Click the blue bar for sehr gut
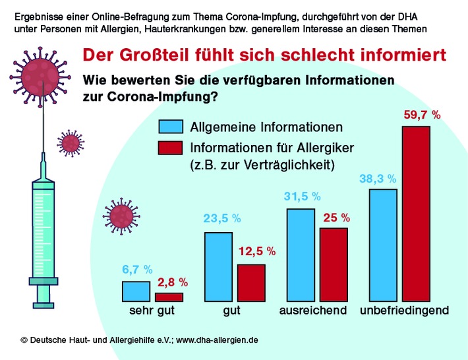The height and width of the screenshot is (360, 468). pyautogui.click(x=136, y=291)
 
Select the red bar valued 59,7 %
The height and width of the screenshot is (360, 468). pyautogui.click(x=416, y=214)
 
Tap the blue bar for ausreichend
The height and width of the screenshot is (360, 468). pyautogui.click(x=301, y=255)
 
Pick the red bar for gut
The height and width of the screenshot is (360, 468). pyautogui.click(x=251, y=283)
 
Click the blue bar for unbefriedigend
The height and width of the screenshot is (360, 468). pyautogui.click(x=383, y=245)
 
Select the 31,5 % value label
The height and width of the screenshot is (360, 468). pyautogui.click(x=302, y=196)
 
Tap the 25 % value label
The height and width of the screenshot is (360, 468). pyautogui.click(x=336, y=217)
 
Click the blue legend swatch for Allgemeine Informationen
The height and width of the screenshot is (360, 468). pyautogui.click(x=171, y=127)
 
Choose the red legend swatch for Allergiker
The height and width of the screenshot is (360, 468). pyautogui.click(x=171, y=148)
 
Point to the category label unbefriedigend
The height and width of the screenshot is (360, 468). pyautogui.click(x=405, y=310)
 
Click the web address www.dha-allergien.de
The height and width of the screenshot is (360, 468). pyautogui.click(x=217, y=340)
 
